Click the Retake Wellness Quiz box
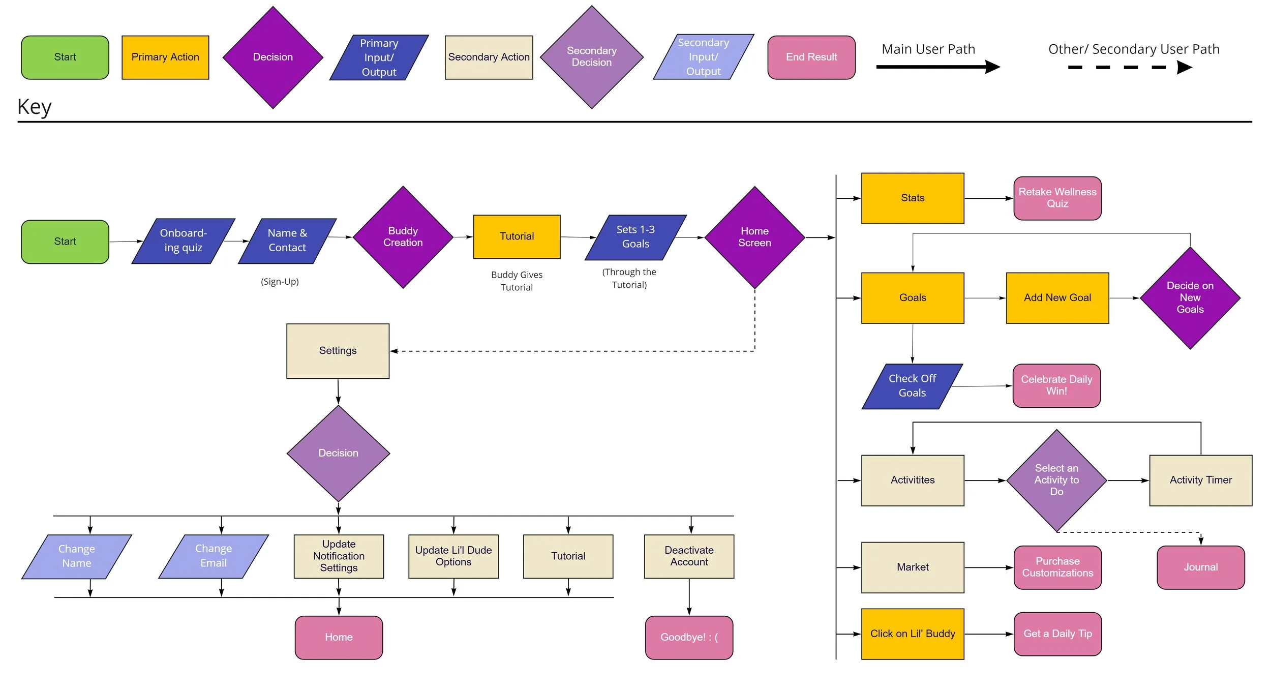click(x=1057, y=198)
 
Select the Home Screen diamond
click(x=754, y=237)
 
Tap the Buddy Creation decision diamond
click(x=403, y=237)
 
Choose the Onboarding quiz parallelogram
click(x=183, y=241)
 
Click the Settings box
click(x=338, y=351)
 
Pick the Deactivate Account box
click(x=689, y=556)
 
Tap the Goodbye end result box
click(x=689, y=638)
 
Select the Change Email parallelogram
click(x=214, y=556)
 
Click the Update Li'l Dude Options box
click(x=453, y=556)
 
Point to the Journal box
click(x=1200, y=567)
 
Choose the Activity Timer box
click(x=1200, y=480)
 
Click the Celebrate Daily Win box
click(x=1056, y=385)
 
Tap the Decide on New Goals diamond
click(x=1190, y=298)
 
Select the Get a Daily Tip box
click(x=1057, y=634)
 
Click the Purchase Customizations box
click(x=1057, y=567)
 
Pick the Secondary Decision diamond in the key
click(x=591, y=57)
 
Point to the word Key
click(x=34, y=107)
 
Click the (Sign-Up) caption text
click(x=280, y=282)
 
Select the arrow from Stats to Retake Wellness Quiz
click(x=988, y=198)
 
